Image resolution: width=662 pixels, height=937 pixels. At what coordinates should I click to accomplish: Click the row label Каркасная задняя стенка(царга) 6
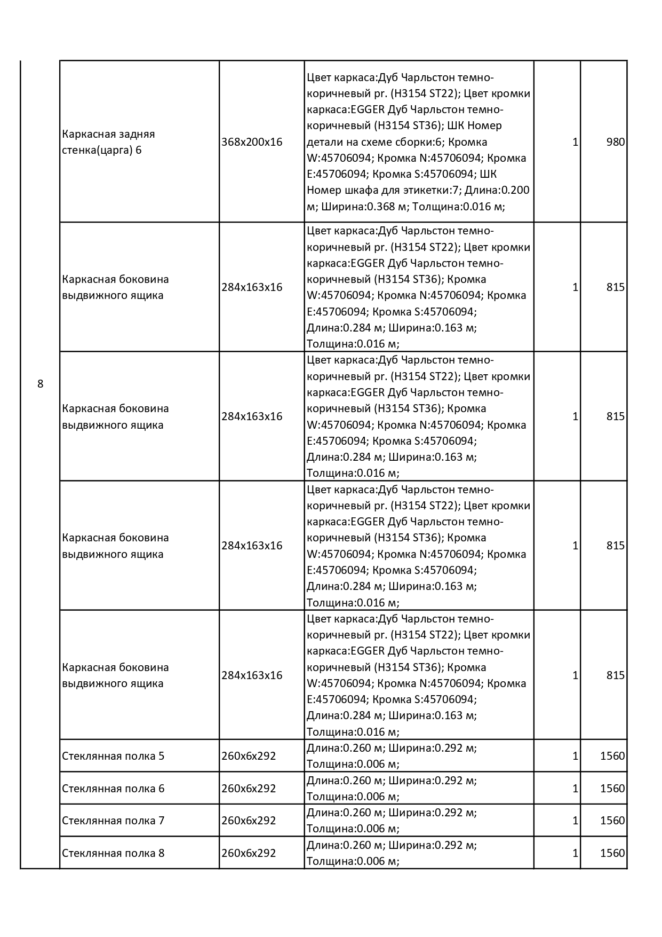[x=108, y=142]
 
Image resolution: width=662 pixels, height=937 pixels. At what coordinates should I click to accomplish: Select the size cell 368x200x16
[x=252, y=142]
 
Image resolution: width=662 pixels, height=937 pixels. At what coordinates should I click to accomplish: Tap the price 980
[x=615, y=142]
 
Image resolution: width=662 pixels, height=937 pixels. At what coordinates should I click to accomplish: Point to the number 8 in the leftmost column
[x=41, y=384]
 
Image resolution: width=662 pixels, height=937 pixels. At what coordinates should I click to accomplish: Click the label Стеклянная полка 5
[x=113, y=756]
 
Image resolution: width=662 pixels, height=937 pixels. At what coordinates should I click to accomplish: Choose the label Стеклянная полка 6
[x=113, y=789]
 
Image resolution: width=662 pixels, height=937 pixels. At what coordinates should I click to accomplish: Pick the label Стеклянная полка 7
[x=113, y=821]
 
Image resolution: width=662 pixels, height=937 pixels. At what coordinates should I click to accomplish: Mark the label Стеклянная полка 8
[x=113, y=853]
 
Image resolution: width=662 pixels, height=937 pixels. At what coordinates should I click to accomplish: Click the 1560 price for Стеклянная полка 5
[x=612, y=756]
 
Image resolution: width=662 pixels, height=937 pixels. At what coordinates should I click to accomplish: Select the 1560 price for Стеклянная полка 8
[x=612, y=853]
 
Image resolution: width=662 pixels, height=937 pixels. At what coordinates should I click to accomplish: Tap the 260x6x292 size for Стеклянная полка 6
[x=249, y=789]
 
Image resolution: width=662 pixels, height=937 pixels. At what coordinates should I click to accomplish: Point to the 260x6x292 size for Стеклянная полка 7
[x=249, y=821]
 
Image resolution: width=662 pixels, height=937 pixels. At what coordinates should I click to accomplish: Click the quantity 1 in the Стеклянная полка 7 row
[x=575, y=821]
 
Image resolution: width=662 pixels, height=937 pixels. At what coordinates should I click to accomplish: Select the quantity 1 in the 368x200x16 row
[x=575, y=142]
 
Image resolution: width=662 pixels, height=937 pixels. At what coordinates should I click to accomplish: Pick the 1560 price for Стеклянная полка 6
[x=612, y=789]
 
